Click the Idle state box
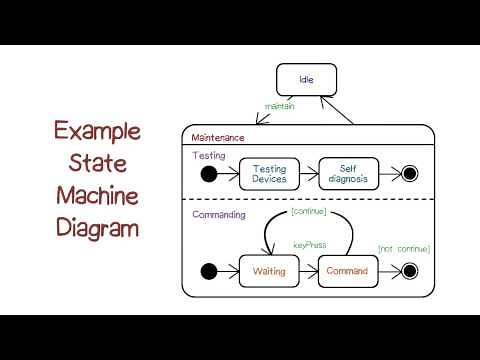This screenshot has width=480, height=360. tap(306, 80)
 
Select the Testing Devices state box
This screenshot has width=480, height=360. tap(269, 175)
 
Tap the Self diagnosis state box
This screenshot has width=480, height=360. tap(349, 175)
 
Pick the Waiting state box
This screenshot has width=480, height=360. tap(269, 271)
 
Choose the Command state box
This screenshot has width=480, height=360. tap(348, 271)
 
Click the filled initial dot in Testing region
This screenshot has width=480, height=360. tap(209, 175)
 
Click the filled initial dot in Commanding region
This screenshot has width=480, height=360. tap(209, 271)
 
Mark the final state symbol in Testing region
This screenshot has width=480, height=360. tap(408, 175)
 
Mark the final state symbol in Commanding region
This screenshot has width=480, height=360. tap(408, 271)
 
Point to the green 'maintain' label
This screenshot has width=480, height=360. tap(279, 105)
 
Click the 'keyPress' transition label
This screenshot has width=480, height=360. tap(308, 245)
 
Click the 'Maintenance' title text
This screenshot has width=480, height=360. tap(217, 136)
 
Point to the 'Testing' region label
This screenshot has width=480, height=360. tap(209, 155)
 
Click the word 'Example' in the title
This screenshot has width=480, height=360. tap(97, 130)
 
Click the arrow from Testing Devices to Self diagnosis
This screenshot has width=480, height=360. tap(308, 175)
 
